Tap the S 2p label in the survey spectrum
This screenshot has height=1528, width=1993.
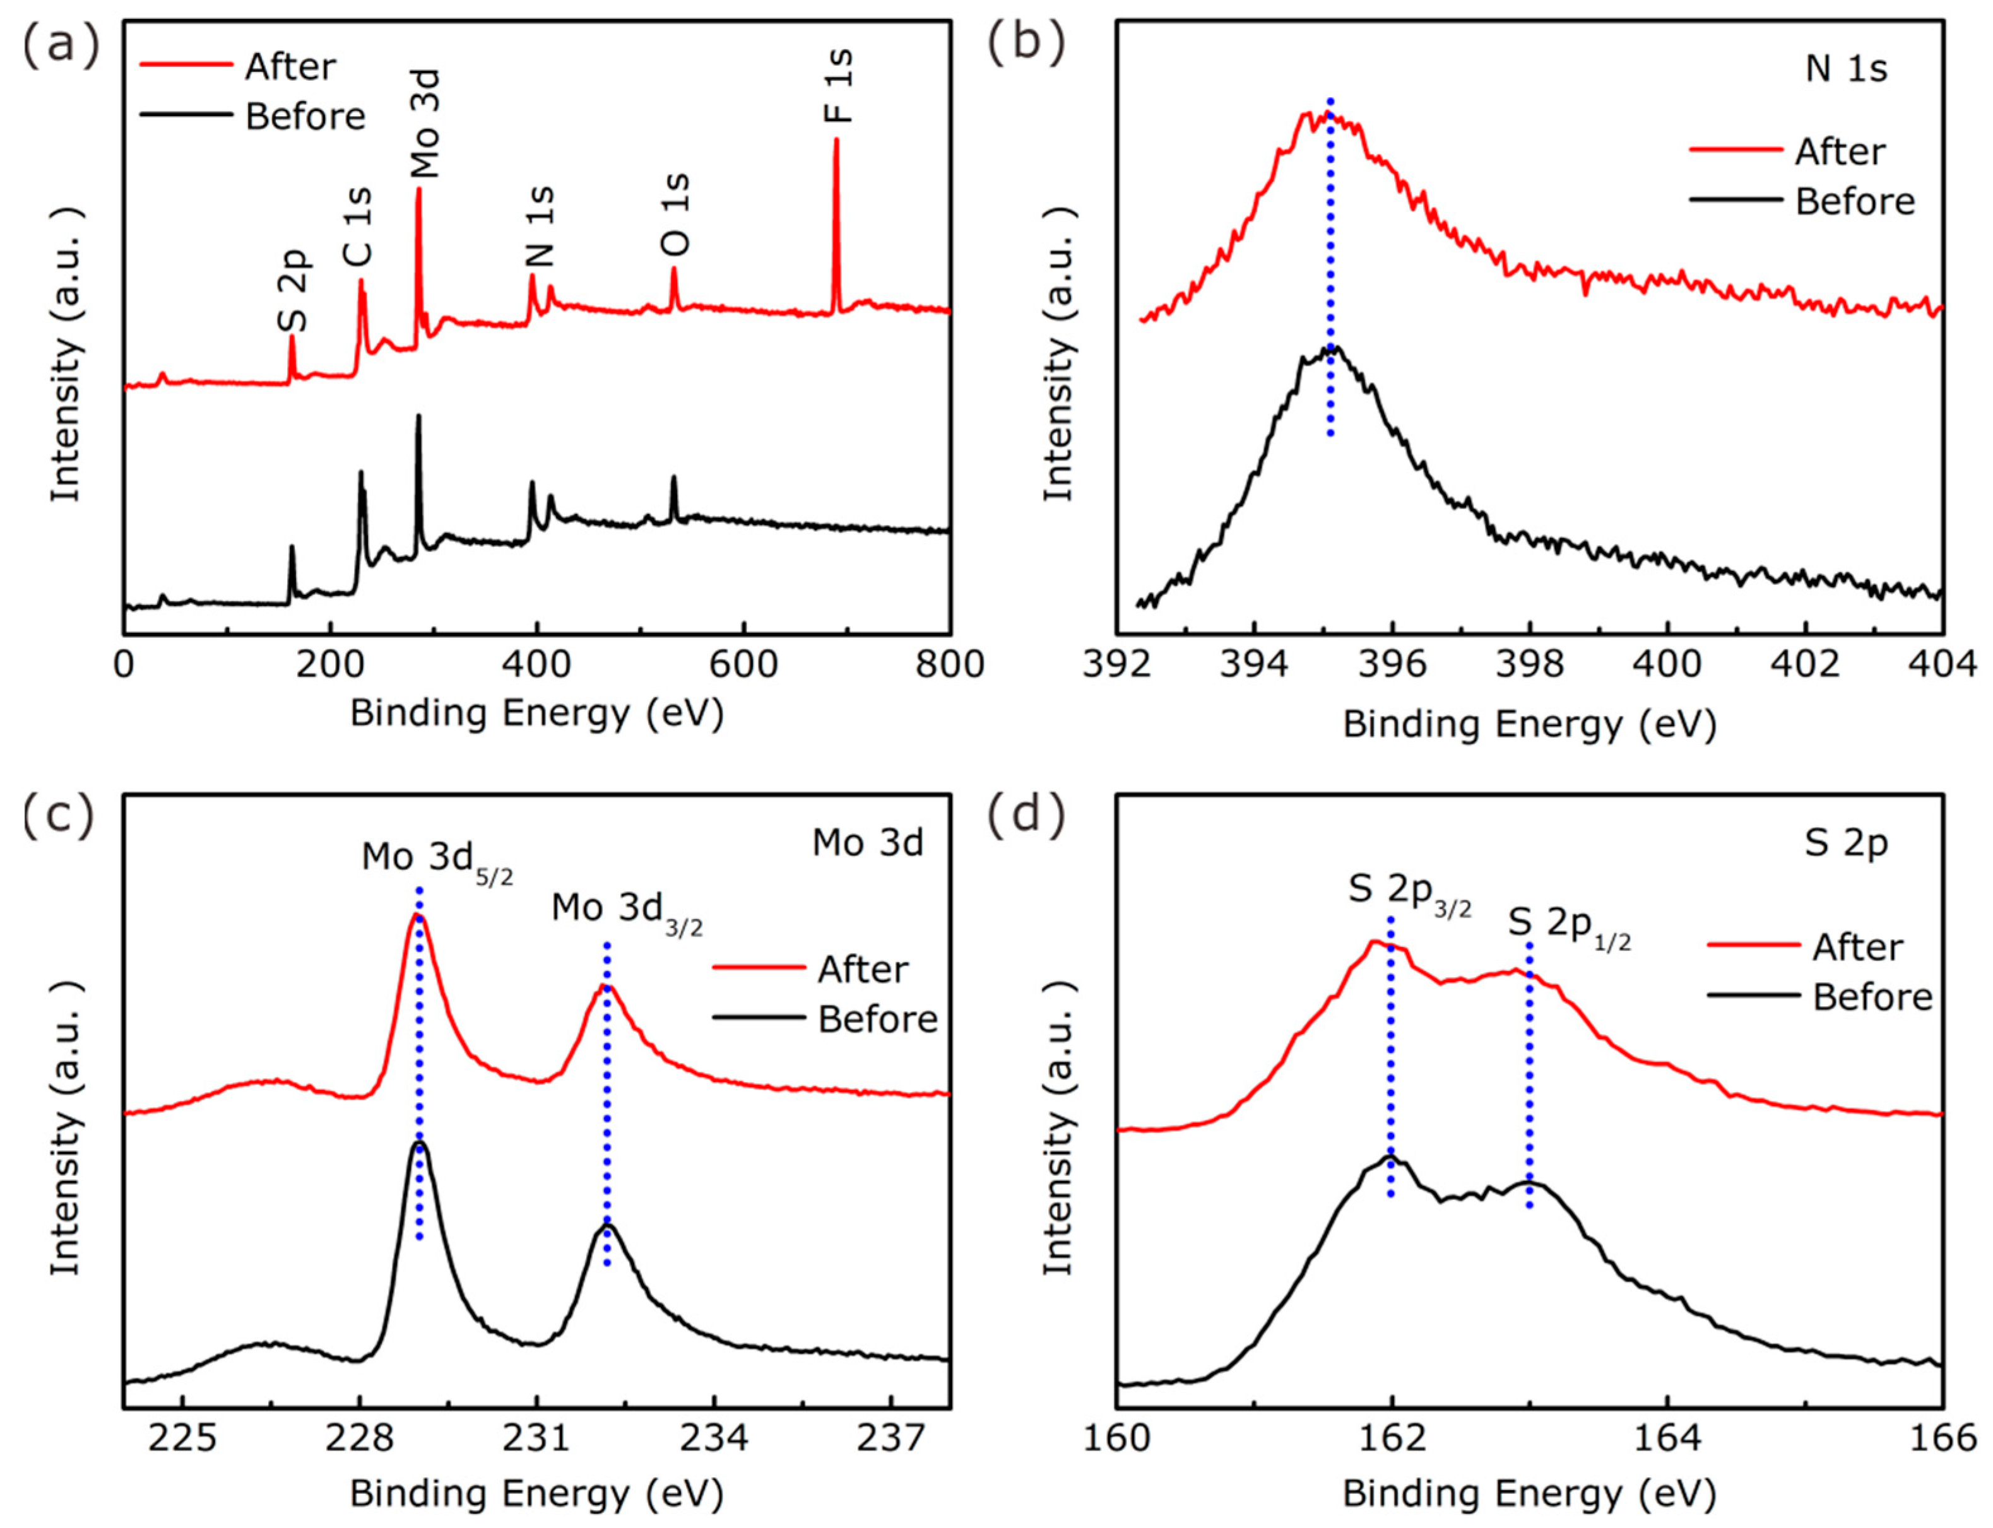click(294, 291)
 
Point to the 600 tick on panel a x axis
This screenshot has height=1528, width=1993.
click(743, 665)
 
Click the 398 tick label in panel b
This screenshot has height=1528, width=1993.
click(1529, 665)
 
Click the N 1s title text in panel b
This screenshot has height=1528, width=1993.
click(1846, 69)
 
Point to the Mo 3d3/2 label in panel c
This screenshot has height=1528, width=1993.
click(627, 910)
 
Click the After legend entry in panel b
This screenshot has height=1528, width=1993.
click(1839, 152)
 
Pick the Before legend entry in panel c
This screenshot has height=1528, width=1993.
click(877, 1020)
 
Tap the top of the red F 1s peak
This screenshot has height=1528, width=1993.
click(836, 141)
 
